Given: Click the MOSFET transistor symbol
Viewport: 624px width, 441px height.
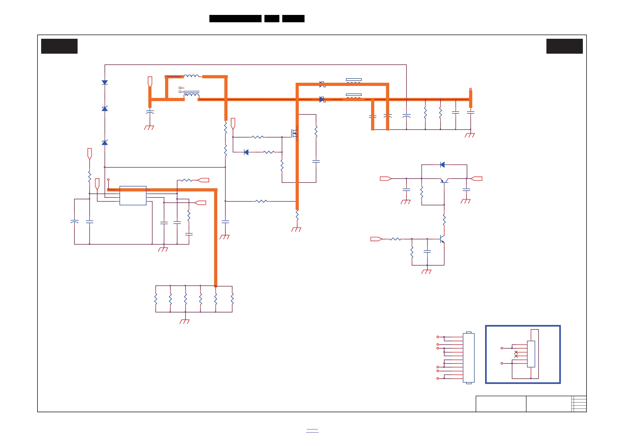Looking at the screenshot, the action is [x=294, y=133].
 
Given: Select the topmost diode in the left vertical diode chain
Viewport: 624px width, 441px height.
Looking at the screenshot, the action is [x=105, y=82].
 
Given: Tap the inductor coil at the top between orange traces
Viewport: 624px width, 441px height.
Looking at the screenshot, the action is [x=191, y=76].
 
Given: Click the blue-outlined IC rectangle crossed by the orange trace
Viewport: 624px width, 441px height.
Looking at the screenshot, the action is [x=133, y=196].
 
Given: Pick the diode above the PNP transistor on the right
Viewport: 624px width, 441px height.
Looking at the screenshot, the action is [x=442, y=164].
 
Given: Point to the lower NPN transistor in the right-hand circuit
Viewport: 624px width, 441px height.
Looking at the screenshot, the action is [x=442, y=239].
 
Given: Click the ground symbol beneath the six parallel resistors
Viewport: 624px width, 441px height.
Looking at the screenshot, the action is [x=185, y=322].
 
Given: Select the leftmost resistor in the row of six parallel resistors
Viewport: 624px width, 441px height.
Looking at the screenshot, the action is [x=156, y=299].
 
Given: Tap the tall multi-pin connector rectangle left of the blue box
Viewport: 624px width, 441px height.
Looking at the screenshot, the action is [x=469, y=358].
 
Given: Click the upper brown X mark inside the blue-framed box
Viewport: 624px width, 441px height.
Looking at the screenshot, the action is [x=516, y=352].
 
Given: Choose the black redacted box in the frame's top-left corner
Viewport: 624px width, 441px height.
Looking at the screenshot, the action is [x=59, y=46].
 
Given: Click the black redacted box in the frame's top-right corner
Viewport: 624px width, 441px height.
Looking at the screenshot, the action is [x=565, y=46].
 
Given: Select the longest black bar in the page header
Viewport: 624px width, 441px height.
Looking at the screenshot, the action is [x=235, y=19].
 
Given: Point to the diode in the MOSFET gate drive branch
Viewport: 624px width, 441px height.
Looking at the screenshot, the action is [x=246, y=152].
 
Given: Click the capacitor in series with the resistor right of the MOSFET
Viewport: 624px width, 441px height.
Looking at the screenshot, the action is [x=316, y=161].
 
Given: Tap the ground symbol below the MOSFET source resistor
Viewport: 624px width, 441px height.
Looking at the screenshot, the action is [x=296, y=229].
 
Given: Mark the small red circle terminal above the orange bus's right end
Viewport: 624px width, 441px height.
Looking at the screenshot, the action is [x=470, y=89].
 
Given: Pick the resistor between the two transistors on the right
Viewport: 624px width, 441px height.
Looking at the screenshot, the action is [x=444, y=220].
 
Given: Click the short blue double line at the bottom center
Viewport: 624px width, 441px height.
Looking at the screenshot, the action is [x=312, y=431].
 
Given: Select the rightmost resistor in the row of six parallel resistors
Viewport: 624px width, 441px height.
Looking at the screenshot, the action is [x=232, y=299].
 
